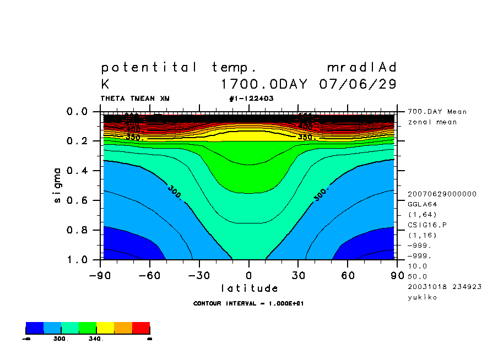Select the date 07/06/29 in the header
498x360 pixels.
coord(358,85)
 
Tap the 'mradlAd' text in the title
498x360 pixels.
coord(361,68)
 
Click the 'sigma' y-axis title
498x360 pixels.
coord(58,186)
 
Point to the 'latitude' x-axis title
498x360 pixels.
coord(250,288)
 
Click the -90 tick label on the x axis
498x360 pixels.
coord(100,275)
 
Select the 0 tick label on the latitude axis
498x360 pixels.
coord(249,275)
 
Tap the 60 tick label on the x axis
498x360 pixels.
coord(348,275)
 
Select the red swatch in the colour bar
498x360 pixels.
coord(141,328)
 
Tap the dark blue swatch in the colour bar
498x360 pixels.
coord(35,328)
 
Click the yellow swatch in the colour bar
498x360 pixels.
coord(105,328)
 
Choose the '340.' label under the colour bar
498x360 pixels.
coord(96,339)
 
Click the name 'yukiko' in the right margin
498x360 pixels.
coord(421,297)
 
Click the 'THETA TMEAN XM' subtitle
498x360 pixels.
coord(135,99)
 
